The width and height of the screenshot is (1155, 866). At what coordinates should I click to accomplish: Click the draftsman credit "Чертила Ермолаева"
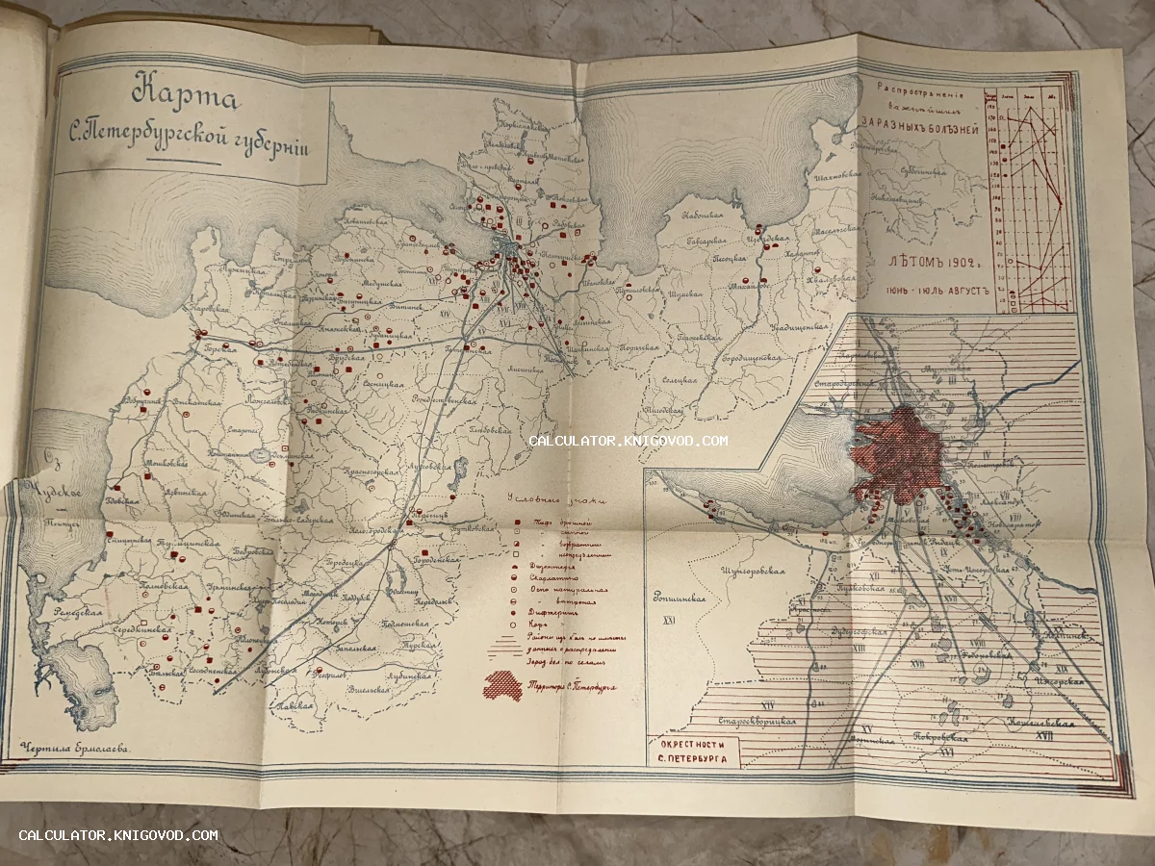click(71, 746)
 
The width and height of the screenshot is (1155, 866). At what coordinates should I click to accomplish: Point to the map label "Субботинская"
click(918, 173)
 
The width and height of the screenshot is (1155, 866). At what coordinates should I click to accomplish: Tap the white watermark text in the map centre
click(628, 441)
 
